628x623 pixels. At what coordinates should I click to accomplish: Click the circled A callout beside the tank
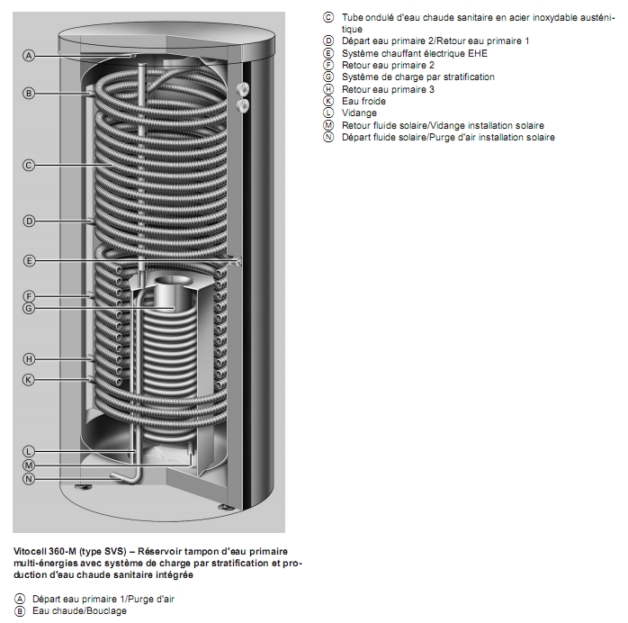coord(29,56)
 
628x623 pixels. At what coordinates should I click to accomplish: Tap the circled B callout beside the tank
coord(29,93)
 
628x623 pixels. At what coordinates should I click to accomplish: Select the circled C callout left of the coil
coord(29,165)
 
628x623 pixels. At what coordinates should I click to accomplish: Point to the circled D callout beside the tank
coord(29,221)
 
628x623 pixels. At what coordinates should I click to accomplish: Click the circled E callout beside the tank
coord(29,260)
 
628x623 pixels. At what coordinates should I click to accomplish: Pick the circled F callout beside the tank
coord(29,296)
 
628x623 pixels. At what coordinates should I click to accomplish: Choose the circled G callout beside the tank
coord(29,309)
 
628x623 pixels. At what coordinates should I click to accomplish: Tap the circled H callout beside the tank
coord(29,358)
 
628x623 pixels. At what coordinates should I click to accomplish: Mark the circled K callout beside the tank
coord(29,380)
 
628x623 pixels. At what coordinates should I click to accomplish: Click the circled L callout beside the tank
coord(29,450)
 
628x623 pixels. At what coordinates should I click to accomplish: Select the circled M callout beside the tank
coord(29,465)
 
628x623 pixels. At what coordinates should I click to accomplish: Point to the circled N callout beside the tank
coord(29,479)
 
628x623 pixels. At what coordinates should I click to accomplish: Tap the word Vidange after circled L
coord(359,113)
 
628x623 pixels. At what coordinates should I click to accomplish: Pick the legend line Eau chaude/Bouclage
coord(79,611)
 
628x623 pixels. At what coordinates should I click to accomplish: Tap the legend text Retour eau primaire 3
coord(388,89)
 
